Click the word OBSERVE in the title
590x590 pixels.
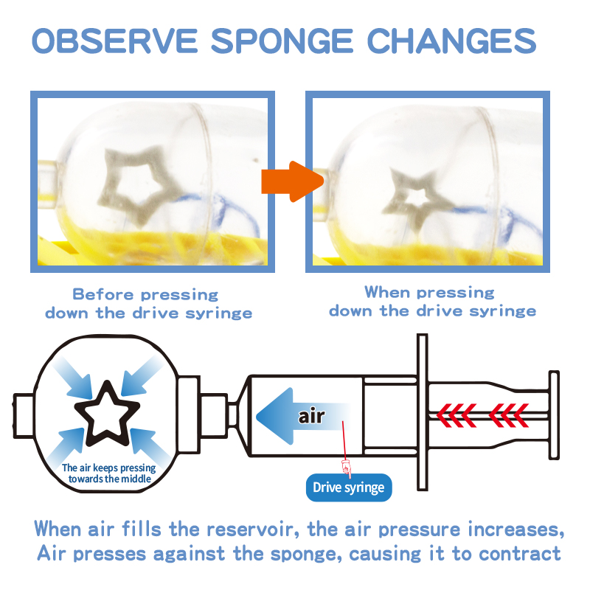click(115, 41)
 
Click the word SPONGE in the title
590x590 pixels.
click(282, 41)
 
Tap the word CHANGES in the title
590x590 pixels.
click(451, 41)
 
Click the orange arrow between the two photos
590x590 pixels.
click(292, 181)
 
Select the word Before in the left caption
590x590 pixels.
click(103, 294)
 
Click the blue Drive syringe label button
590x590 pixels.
click(349, 487)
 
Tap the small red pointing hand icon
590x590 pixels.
click(346, 468)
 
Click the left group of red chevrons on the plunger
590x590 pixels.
click(457, 416)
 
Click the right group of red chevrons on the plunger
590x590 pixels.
click(509, 416)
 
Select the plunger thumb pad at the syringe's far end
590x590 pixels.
click(554, 415)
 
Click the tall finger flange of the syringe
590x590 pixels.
click(423, 412)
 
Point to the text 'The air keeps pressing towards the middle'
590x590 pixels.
click(109, 473)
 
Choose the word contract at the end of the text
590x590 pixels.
click(520, 555)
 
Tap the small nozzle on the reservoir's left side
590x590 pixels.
click(24, 416)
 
